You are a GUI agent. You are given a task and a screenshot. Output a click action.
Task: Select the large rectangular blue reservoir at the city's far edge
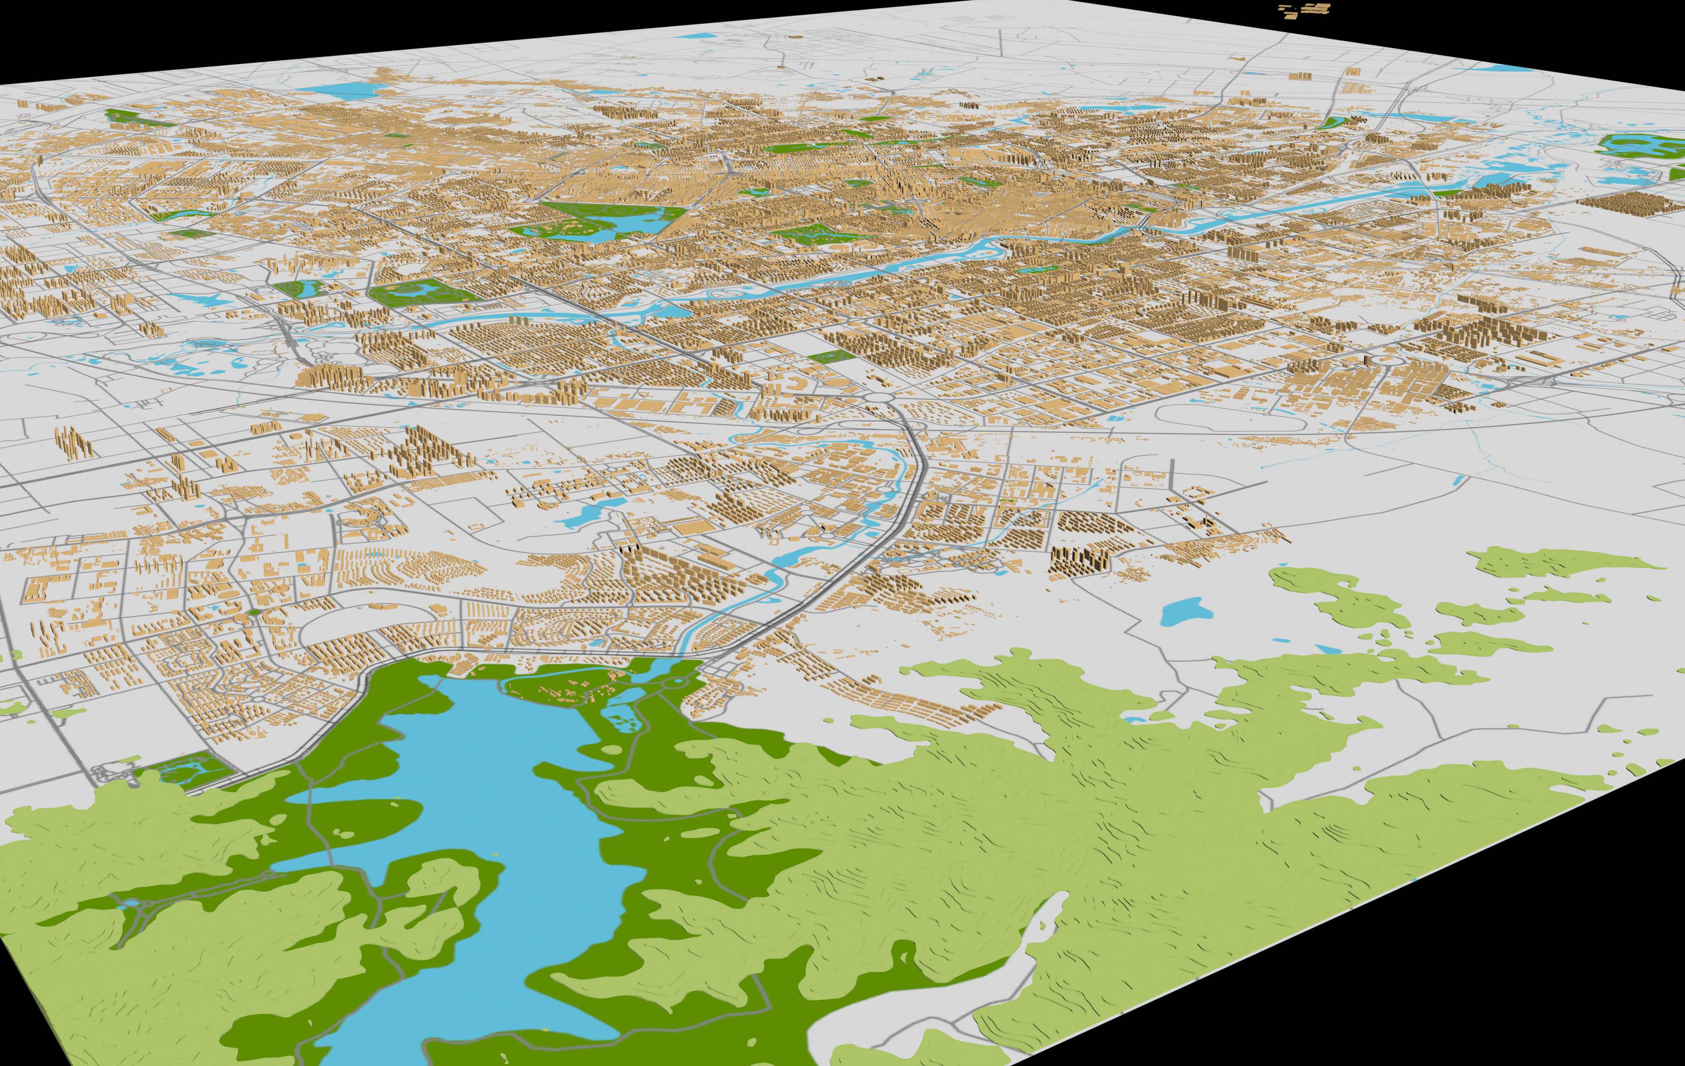click(x=341, y=90)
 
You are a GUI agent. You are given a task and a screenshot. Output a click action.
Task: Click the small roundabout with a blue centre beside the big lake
click(x=678, y=682)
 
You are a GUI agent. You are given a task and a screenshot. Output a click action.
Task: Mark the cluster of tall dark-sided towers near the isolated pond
click(x=1078, y=560)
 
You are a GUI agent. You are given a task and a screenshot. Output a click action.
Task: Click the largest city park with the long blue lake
click(x=602, y=221)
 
